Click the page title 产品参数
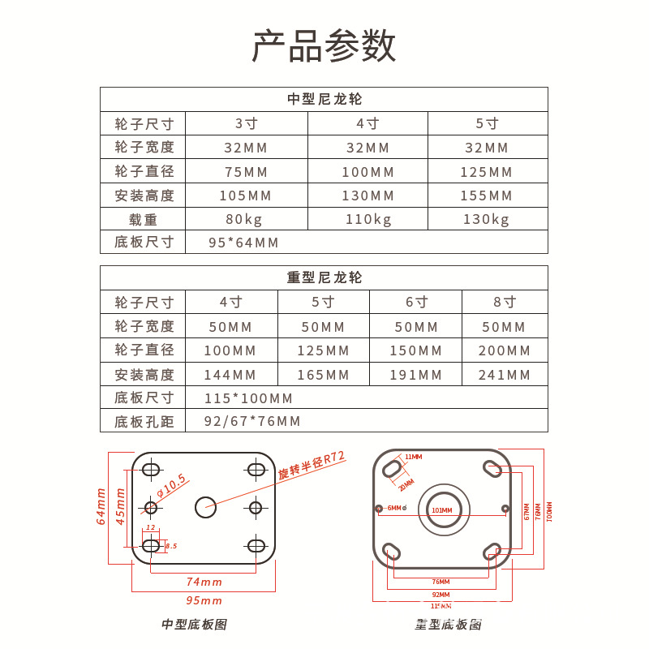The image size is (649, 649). click(324, 45)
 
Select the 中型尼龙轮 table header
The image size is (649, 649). click(324, 99)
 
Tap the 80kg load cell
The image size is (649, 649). click(246, 219)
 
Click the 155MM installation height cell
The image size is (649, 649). click(487, 196)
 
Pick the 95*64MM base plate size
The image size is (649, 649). click(243, 243)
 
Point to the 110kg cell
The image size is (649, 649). click(368, 219)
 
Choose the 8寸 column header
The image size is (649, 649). click(505, 302)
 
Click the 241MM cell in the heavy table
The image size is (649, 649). click(505, 375)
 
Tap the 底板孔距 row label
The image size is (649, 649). click(144, 421)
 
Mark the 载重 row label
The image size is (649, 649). click(144, 219)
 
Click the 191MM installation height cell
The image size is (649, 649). click(416, 375)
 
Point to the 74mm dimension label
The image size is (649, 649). click(204, 582)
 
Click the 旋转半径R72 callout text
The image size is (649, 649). click(312, 466)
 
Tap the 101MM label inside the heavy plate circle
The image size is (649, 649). click(442, 510)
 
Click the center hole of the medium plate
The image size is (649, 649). click(204, 507)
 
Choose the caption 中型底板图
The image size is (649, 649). click(194, 624)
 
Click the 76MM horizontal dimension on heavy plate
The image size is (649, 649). click(441, 582)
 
